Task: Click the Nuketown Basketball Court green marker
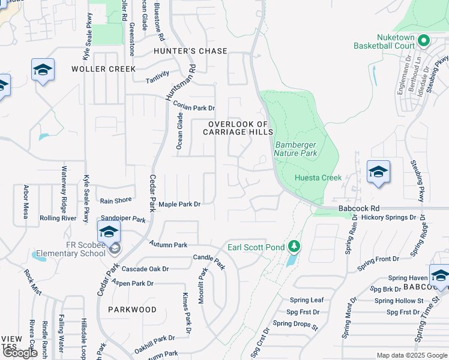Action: [424, 41]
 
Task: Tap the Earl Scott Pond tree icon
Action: [294, 247]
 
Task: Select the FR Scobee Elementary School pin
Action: [109, 232]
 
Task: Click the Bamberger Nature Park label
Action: [295, 149]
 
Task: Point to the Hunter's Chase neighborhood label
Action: [190, 51]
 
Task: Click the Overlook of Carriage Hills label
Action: [240, 128]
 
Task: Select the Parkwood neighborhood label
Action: [132, 310]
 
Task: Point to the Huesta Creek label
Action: [318, 178]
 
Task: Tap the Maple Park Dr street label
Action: [179, 204]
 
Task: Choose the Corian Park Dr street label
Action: [193, 107]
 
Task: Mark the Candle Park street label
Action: [209, 261]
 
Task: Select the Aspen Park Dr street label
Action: [130, 283]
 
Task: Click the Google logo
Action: [19, 353]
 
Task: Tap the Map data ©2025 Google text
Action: [411, 355]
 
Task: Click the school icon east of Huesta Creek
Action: [378, 173]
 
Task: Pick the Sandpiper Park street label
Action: [124, 220]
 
